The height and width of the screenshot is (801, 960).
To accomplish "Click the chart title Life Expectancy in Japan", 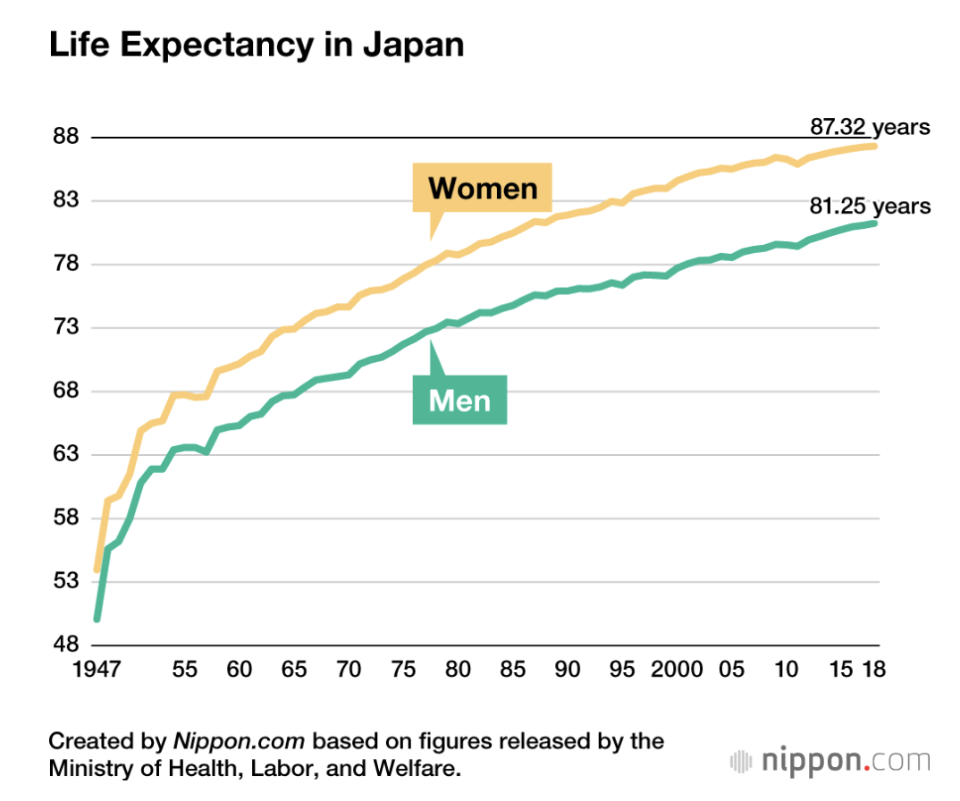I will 257,46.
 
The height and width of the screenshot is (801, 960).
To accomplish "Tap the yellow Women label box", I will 483,188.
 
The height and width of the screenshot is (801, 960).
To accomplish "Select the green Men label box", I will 459,400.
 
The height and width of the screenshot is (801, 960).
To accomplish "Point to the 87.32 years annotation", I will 870,127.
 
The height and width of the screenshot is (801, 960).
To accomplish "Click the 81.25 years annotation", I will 870,207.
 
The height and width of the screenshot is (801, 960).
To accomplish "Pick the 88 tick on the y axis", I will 68,138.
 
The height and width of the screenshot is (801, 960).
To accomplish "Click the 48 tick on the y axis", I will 68,645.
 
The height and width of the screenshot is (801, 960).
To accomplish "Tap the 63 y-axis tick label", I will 68,454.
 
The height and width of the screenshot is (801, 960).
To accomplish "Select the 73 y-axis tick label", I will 68,328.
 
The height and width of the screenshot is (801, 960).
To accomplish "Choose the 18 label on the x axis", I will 873,670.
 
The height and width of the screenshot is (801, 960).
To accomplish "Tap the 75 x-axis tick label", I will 403,670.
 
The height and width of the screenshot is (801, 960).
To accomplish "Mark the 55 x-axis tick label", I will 184,670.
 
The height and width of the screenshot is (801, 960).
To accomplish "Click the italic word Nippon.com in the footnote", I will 239,741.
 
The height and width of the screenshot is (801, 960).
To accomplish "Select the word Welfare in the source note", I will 421,768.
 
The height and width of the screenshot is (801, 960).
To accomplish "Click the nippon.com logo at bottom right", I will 829,762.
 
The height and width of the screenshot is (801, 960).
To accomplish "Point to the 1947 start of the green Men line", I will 97,619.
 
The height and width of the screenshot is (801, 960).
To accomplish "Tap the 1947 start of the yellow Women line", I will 97,569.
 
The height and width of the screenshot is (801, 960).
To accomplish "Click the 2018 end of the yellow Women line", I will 875,146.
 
